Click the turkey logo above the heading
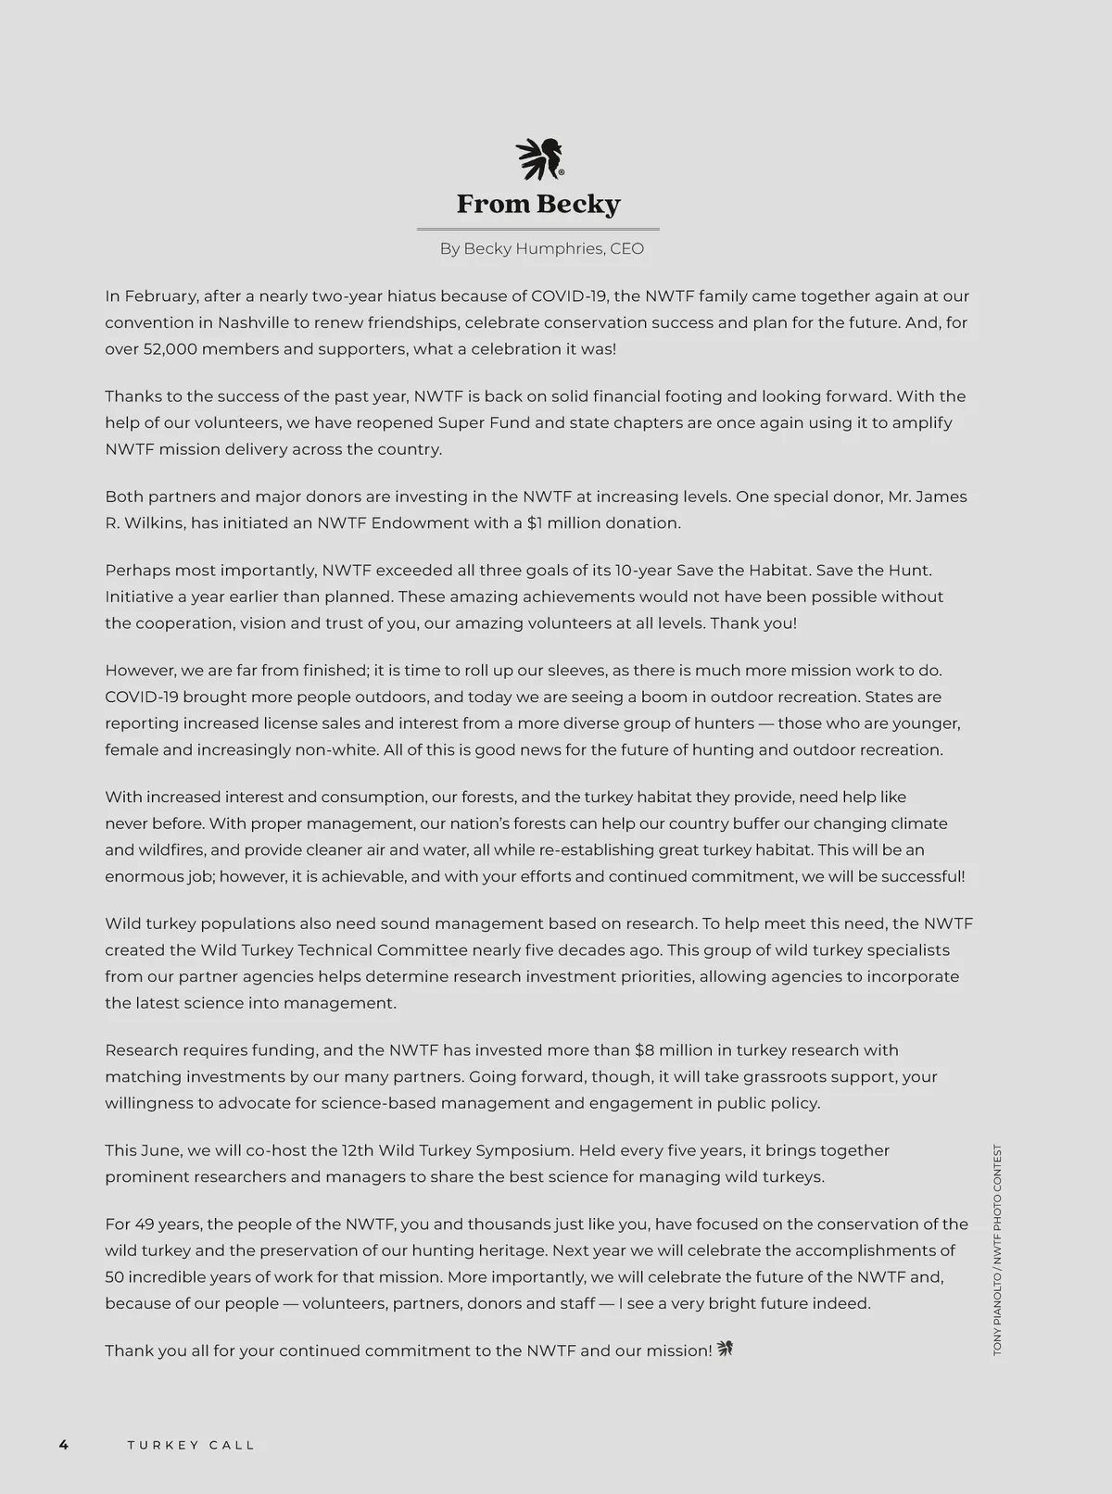pos(539,158)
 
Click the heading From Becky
pos(538,204)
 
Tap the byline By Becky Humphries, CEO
pos(541,248)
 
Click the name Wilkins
pos(152,523)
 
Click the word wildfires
pos(173,850)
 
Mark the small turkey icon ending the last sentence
pos(725,1350)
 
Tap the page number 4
pos(63,1445)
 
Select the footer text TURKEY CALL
pos(191,1445)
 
